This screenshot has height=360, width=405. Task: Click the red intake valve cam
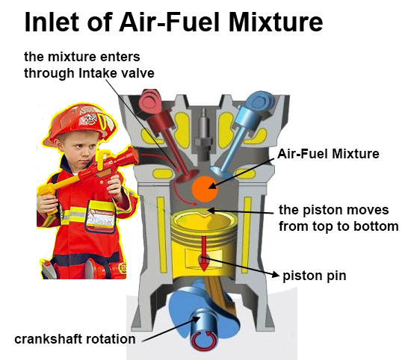pos(149,102)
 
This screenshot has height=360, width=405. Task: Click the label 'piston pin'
pos(315,276)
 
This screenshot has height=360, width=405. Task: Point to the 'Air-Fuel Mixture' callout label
pos(329,154)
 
